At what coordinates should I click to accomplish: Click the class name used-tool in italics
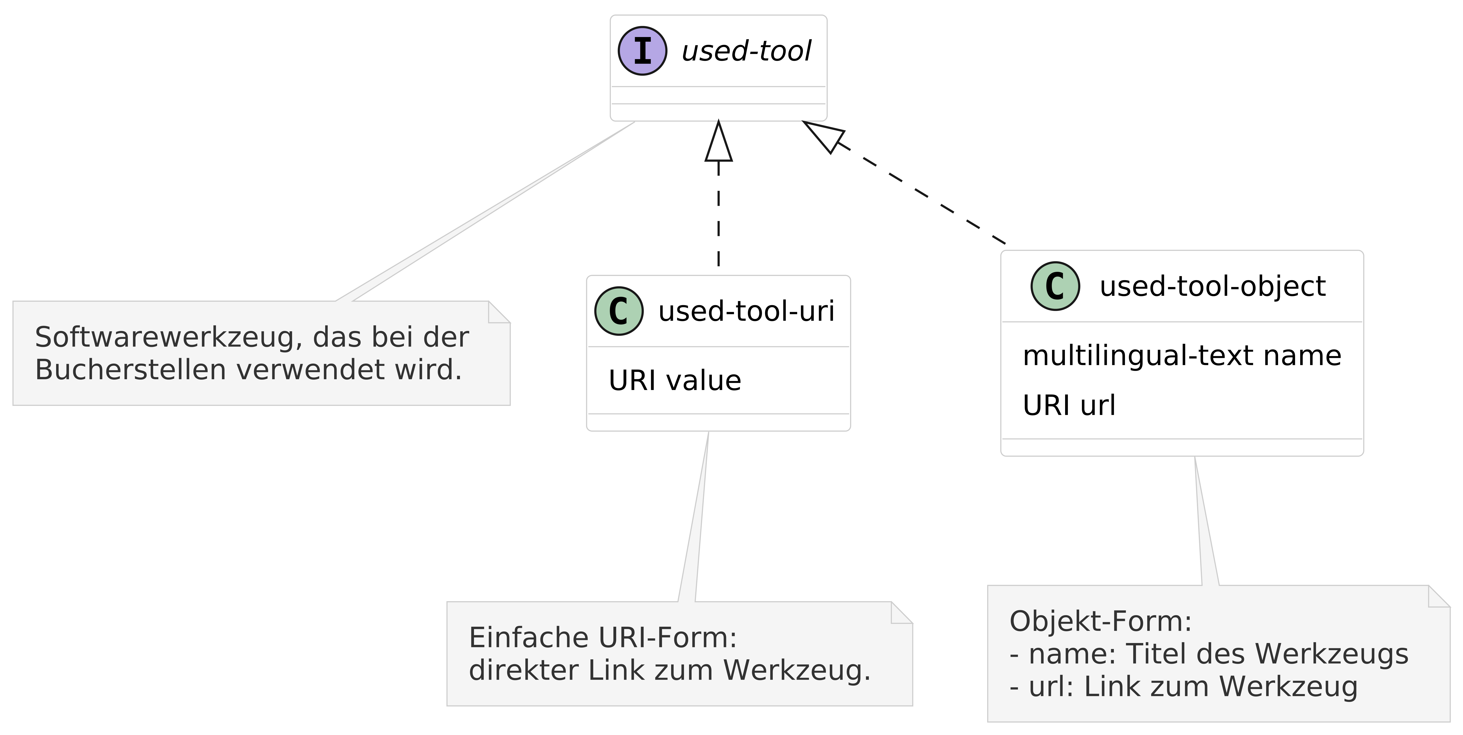pos(746,51)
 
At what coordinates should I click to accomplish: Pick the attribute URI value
pos(675,381)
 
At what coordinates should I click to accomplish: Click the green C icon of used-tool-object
pos(1055,286)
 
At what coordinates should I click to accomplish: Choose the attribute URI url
pos(1069,405)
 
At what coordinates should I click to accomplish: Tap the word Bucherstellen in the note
pos(131,370)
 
